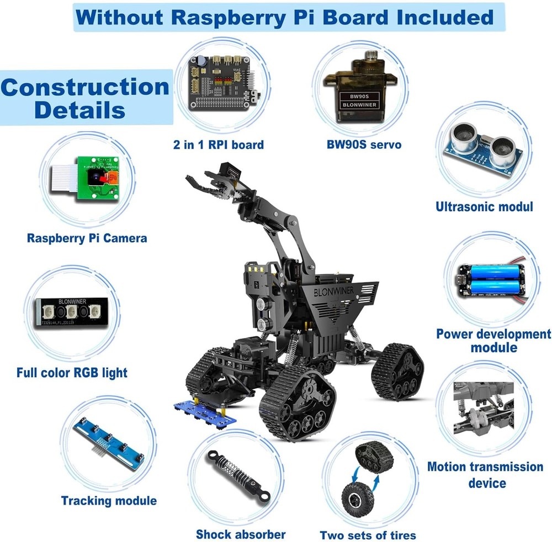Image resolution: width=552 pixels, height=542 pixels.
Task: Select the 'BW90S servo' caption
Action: click(363, 145)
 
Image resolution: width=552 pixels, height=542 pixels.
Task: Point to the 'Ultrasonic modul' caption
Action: click(484, 207)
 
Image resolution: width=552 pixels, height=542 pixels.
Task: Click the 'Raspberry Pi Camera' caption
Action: click(87, 238)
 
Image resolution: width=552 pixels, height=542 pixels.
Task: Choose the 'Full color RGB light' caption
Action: click(72, 373)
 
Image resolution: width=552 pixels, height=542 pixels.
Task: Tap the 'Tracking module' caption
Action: click(109, 501)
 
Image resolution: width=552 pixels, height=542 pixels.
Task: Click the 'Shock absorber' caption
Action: click(241, 534)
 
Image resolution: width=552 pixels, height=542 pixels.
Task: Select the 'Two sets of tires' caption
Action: click(368, 535)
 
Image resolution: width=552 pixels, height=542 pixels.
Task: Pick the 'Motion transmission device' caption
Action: click(485, 475)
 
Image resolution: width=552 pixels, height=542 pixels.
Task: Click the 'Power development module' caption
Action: click(493, 341)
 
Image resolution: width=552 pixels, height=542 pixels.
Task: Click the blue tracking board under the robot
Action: click(204, 413)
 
